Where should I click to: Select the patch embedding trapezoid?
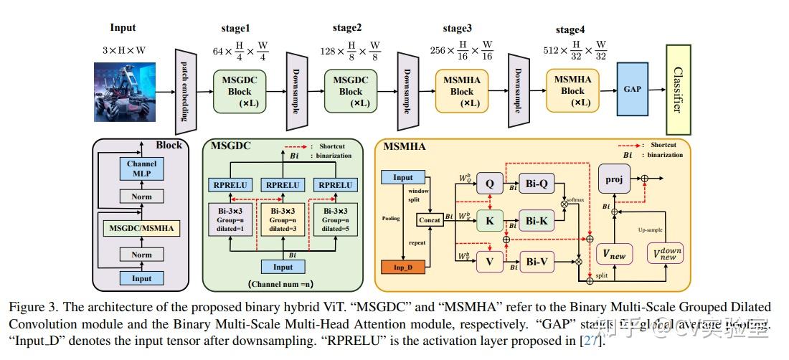coord(186,91)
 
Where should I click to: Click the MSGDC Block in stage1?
coord(240,91)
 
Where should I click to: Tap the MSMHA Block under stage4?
coord(572,91)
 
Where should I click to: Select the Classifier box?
coord(676,90)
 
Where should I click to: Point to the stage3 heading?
coord(457,29)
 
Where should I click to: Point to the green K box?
coord(490,221)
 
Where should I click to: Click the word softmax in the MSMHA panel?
coord(575,199)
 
